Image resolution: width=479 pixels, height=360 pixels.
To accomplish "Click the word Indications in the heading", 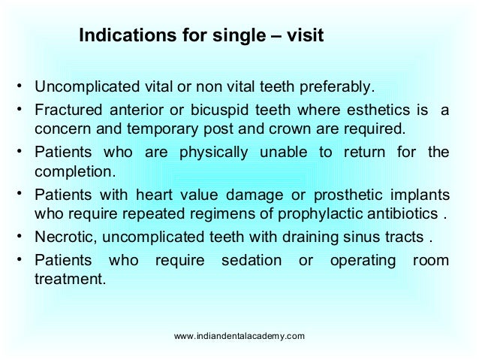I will tap(122, 35).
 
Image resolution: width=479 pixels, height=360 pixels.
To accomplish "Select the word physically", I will tap(213, 153).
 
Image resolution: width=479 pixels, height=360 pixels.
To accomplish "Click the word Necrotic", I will tap(63, 239).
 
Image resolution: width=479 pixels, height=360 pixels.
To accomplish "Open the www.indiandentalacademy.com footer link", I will tap(239, 336).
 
